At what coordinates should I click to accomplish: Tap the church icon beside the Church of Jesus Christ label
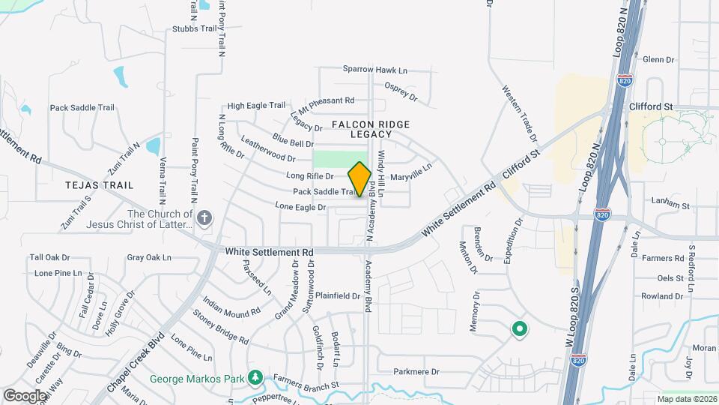pyautogui.click(x=204, y=218)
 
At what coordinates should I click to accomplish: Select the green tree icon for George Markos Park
pyautogui.click(x=256, y=377)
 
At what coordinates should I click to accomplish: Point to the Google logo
pyautogui.click(x=25, y=395)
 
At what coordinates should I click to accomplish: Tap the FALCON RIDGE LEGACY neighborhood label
pyautogui.click(x=362, y=128)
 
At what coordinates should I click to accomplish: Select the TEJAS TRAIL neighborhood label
pyautogui.click(x=99, y=184)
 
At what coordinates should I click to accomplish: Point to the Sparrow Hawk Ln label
pyautogui.click(x=375, y=70)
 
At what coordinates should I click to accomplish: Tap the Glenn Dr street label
pyautogui.click(x=659, y=59)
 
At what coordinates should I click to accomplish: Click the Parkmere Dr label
pyautogui.click(x=416, y=371)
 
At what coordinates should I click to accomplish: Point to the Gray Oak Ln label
pyautogui.click(x=149, y=257)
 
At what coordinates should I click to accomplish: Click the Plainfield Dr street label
pyautogui.click(x=337, y=295)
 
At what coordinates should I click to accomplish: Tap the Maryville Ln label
pyautogui.click(x=412, y=173)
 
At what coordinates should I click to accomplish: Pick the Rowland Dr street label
pyautogui.click(x=658, y=296)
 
